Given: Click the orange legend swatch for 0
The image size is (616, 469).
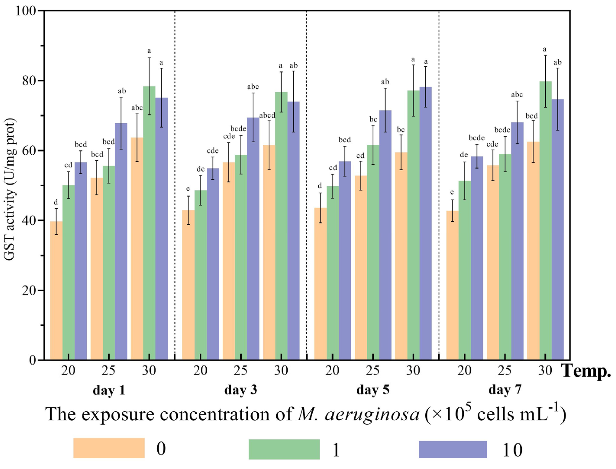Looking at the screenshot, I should (109, 448).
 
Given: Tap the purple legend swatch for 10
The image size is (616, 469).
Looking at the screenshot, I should (452, 450).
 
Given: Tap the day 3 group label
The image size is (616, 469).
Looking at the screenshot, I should (241, 390).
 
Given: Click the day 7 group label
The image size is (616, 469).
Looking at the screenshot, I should (505, 390).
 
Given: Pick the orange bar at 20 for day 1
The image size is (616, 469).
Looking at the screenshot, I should (56, 290).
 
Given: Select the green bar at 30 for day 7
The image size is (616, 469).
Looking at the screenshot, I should (545, 221).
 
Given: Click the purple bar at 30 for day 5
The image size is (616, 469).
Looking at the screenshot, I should (425, 223).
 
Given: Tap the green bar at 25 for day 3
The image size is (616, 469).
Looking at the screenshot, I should (241, 257).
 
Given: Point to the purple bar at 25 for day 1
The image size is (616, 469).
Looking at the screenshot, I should (121, 240).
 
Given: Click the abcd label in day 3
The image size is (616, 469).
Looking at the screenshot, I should (267, 116).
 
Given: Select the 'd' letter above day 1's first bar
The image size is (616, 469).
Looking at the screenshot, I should (56, 202).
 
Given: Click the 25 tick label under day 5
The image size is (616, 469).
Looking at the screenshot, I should (373, 371).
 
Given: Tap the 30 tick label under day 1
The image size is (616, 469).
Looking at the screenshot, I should (149, 371).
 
